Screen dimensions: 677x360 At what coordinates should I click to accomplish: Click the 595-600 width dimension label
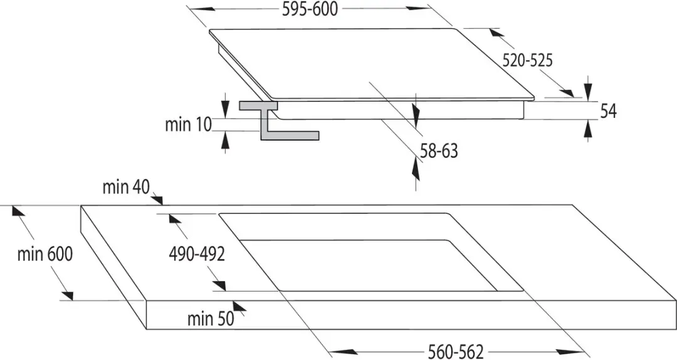310,9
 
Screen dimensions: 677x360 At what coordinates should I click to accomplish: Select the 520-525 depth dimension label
527,60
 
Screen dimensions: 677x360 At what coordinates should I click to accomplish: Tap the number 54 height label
608,112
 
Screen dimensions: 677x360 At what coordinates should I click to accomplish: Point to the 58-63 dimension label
439,151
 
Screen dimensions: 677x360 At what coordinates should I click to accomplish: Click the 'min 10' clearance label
189,124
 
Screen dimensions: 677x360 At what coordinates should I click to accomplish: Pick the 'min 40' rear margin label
125,187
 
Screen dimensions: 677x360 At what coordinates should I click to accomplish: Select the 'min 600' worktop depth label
45,254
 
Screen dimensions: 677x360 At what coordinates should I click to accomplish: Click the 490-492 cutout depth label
197,255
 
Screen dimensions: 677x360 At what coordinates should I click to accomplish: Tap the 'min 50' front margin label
211,319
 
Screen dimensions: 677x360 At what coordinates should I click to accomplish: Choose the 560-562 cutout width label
456,352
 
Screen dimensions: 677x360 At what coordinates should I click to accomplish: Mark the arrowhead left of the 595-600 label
202,9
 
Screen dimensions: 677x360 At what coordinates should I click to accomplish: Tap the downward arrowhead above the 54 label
587,89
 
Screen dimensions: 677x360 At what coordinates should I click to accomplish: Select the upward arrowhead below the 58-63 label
416,168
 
